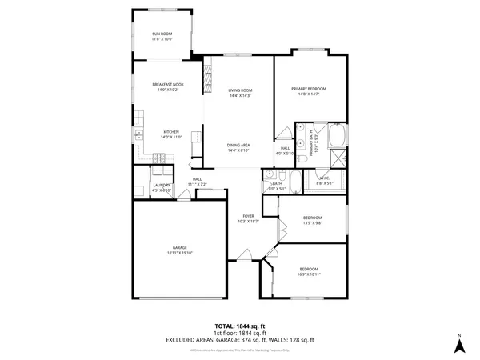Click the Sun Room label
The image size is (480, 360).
162,34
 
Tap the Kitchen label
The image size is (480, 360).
171,132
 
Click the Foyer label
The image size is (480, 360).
249,216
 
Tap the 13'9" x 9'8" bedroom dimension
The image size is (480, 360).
312,223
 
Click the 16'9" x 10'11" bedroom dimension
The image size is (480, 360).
309,274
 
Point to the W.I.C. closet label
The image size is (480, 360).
324,178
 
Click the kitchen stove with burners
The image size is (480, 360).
159,159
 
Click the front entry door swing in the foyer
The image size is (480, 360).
242,258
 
